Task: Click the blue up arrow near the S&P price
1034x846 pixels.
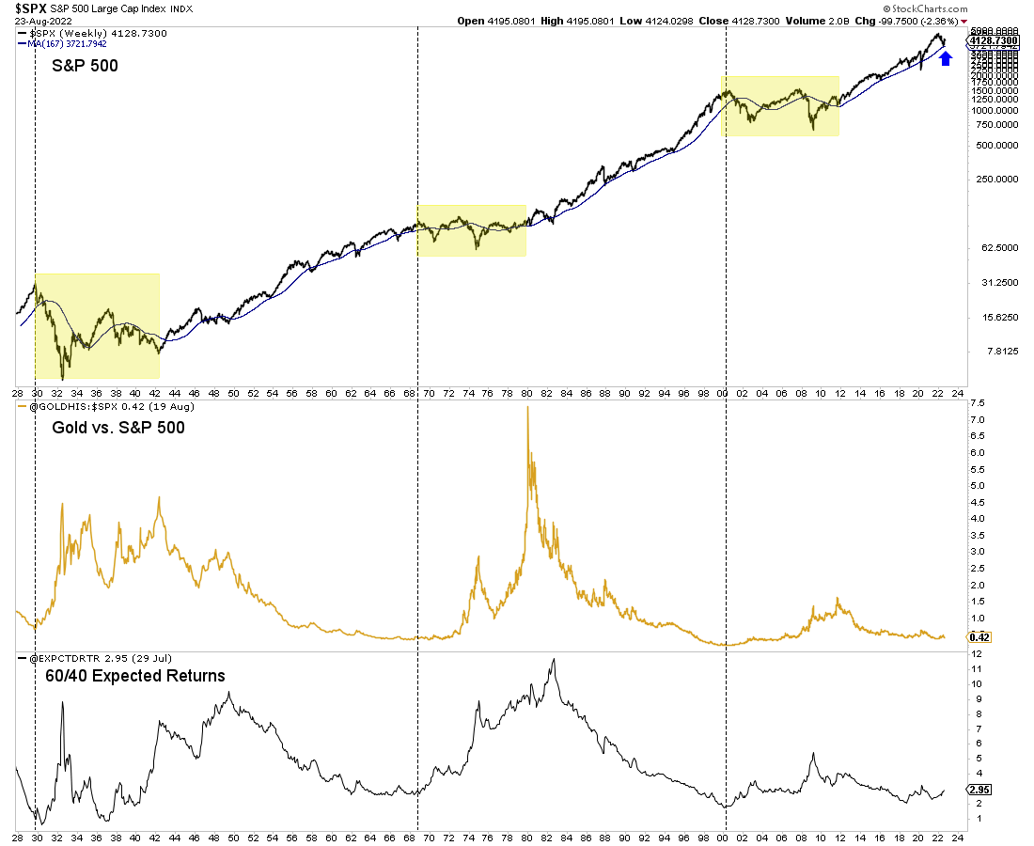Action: [946, 58]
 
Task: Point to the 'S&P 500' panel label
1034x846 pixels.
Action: [84, 66]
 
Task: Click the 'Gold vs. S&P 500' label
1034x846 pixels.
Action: [117, 428]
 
